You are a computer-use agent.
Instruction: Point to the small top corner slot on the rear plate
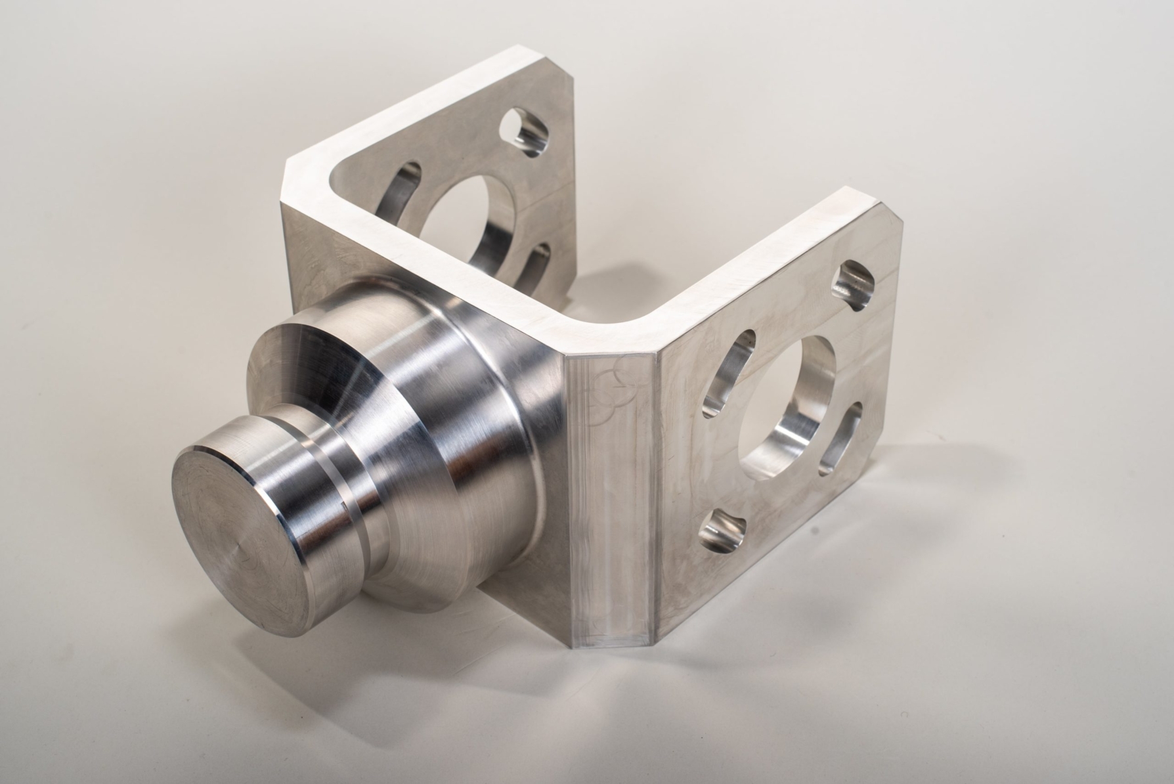click(525, 131)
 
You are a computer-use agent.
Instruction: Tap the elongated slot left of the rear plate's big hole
click(401, 197)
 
